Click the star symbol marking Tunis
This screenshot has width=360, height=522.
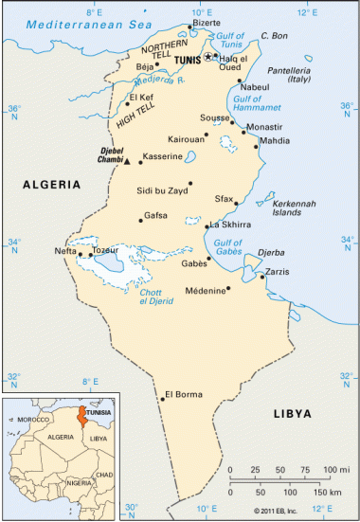coord(209,57)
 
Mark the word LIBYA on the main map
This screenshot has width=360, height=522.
coord(292,414)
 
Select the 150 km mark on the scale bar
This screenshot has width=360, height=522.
coord(328,493)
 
